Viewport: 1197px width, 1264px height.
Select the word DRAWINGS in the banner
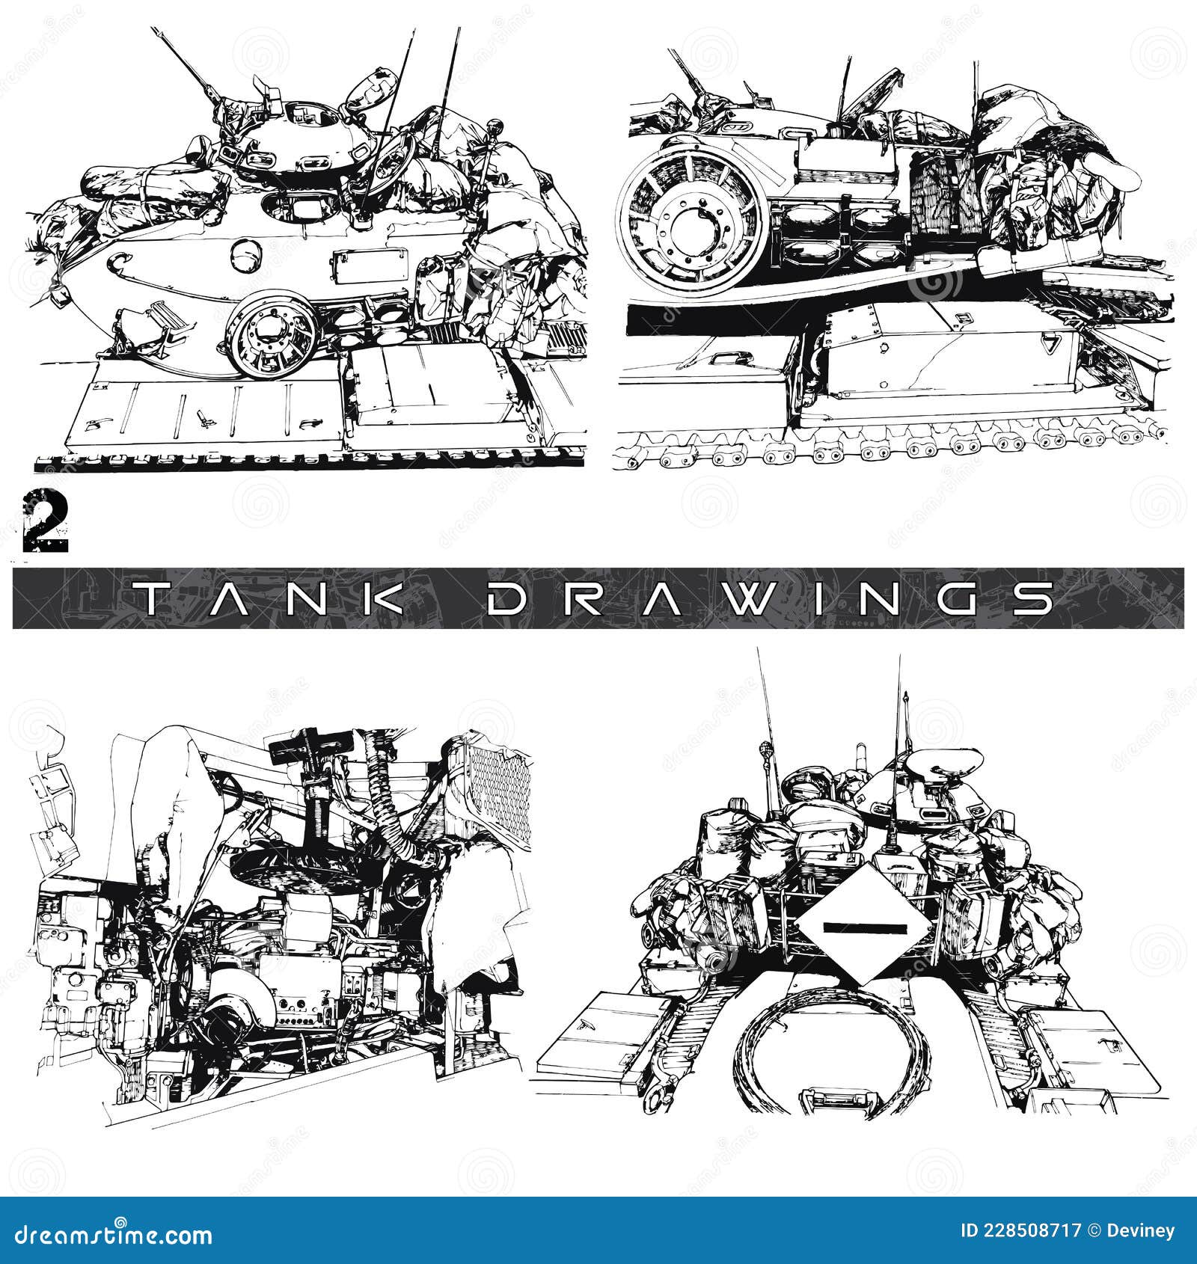point(770,598)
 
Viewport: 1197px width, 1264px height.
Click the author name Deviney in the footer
point(1143,1231)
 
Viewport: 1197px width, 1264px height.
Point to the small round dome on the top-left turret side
point(244,256)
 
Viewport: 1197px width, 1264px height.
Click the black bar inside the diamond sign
point(864,928)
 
